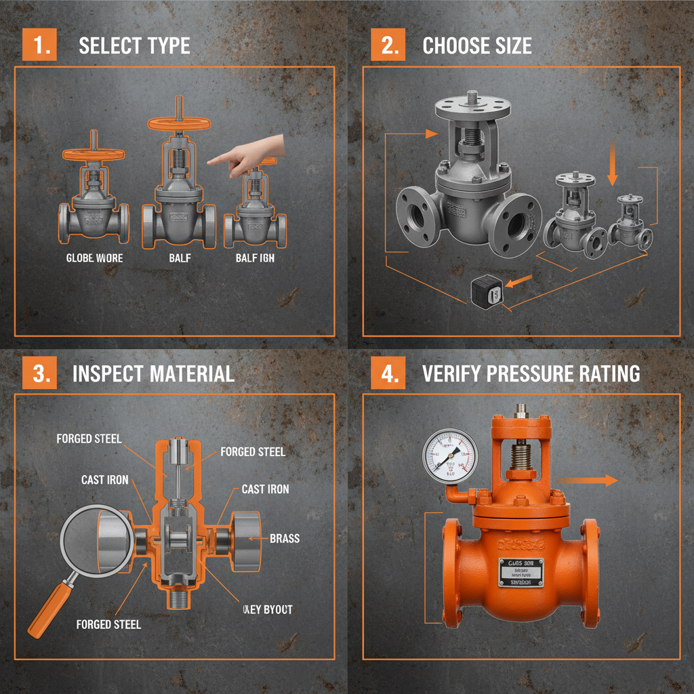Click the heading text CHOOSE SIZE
(x=476, y=45)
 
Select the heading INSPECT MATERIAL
(x=153, y=373)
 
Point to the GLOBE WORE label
(x=94, y=258)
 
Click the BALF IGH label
(x=255, y=258)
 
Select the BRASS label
(x=285, y=539)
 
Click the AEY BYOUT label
(x=267, y=609)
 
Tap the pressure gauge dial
(x=449, y=454)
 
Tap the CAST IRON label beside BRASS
(x=265, y=489)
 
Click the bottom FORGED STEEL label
(x=108, y=624)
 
